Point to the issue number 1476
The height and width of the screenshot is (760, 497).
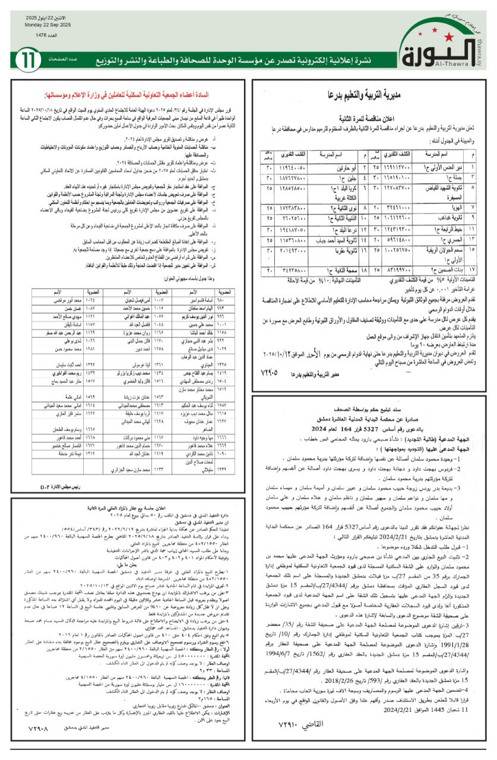click(x=45, y=36)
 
